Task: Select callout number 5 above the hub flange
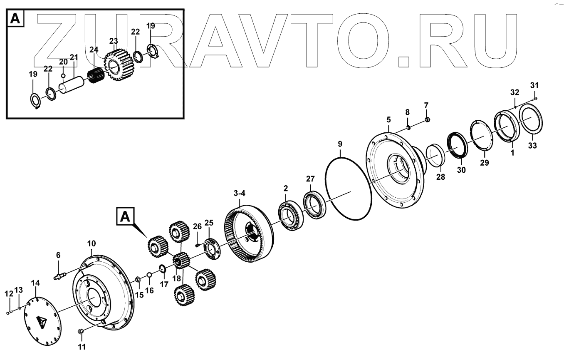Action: (x=388, y=120)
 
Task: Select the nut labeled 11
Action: (x=81, y=332)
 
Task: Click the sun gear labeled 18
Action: (x=181, y=262)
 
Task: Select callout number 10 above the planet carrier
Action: (x=92, y=243)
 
